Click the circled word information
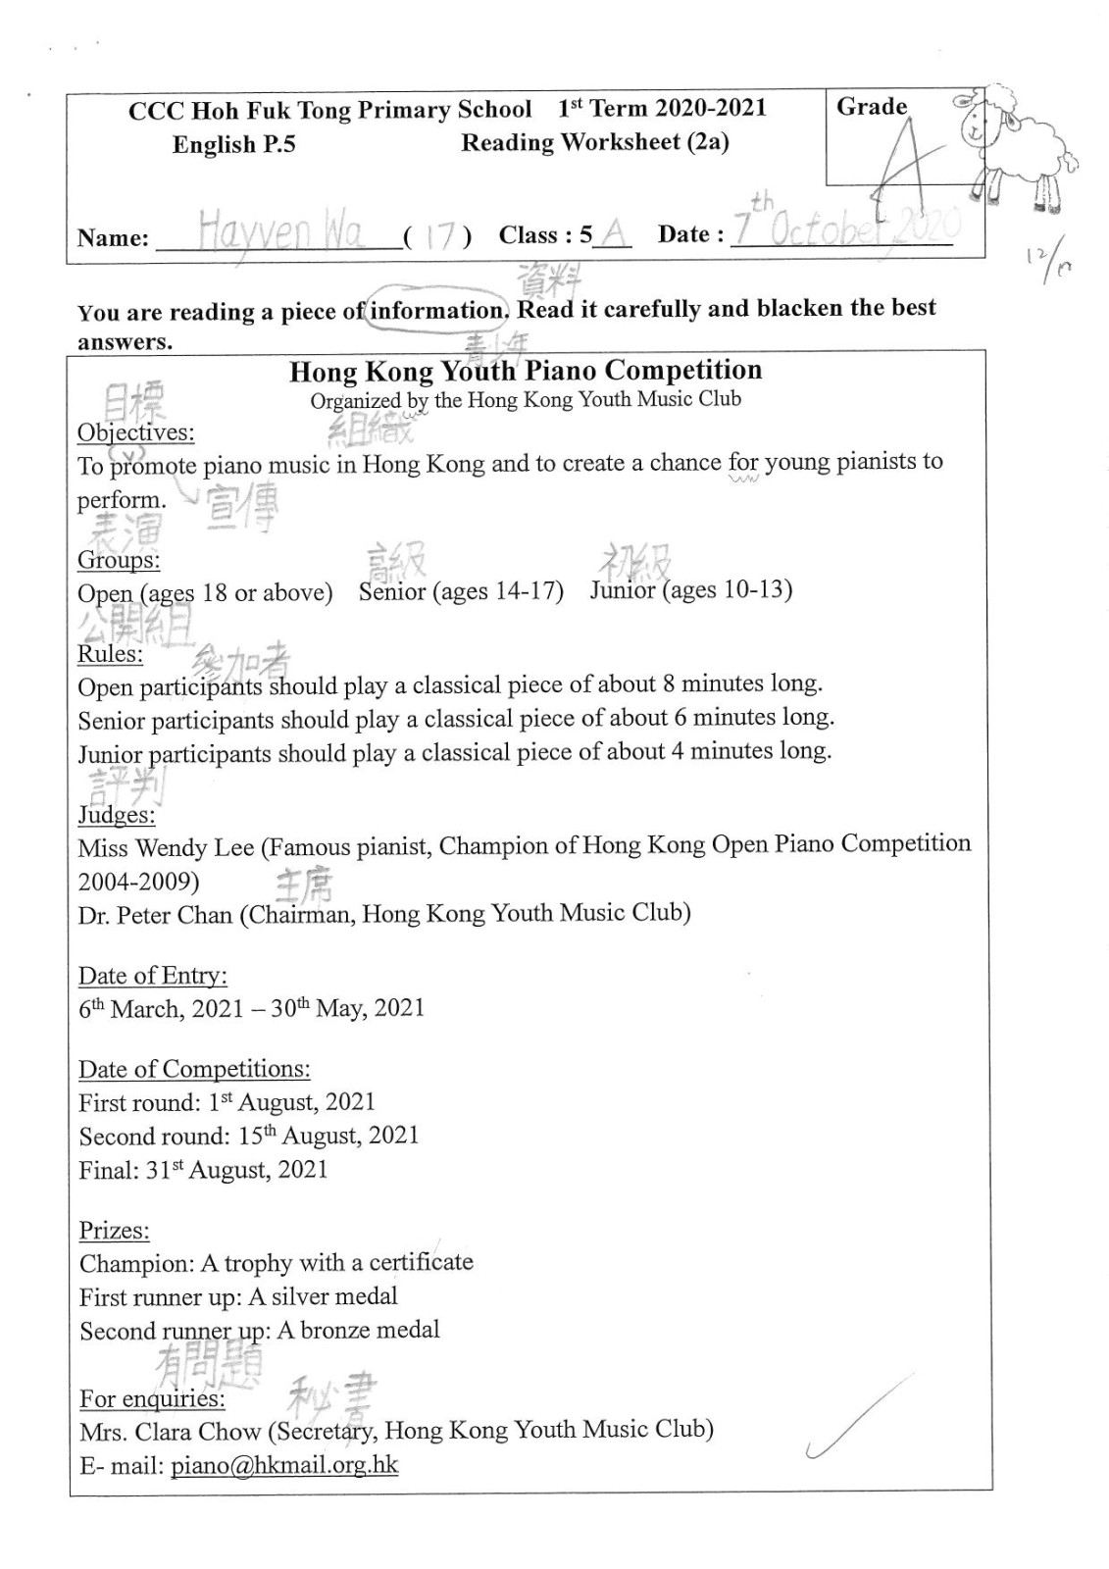(x=436, y=311)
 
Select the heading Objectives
(x=135, y=432)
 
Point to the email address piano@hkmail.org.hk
(x=284, y=1465)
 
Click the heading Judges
(x=116, y=815)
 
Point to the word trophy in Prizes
(x=258, y=1263)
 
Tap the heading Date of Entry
(x=152, y=976)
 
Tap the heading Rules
(x=110, y=654)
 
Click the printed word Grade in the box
(x=872, y=107)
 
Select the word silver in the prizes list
(x=298, y=1296)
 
